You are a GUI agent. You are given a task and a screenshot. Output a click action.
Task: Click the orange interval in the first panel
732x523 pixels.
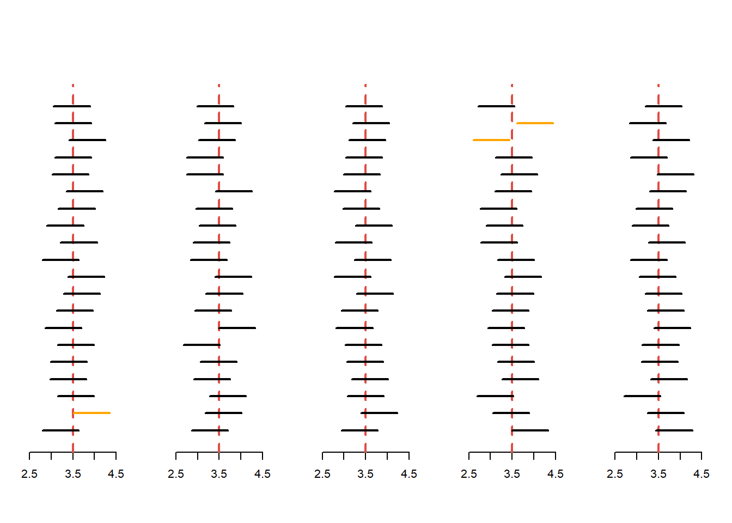coord(92,413)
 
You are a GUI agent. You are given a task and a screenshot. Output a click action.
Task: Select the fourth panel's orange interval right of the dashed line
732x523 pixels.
coord(535,123)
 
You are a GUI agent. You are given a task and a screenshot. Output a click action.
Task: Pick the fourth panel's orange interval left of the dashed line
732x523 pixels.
coord(491,140)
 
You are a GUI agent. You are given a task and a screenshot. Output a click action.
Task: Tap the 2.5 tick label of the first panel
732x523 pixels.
coord(29,475)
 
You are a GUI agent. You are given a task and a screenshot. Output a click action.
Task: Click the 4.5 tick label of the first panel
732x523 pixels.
coord(116,475)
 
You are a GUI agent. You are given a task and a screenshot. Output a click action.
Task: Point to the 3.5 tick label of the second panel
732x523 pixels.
coord(219,475)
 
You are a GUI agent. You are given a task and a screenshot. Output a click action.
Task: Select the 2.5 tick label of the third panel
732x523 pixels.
coord(322,475)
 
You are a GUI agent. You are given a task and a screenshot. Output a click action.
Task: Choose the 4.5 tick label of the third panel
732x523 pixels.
coord(409,475)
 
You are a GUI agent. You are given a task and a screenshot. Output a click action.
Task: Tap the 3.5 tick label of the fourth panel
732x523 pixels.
coord(512,475)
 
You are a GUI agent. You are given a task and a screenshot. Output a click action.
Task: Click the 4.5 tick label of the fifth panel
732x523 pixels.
coord(701,475)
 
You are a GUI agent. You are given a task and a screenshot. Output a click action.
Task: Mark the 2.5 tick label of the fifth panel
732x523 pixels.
coord(615,475)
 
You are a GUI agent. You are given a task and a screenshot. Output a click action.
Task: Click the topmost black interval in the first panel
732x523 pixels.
coord(72,106)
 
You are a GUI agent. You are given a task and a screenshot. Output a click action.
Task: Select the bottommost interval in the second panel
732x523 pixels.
coord(210,430)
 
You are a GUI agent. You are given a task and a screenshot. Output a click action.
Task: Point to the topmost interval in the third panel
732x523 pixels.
coord(364,106)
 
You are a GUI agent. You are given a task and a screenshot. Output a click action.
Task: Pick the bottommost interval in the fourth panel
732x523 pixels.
coord(530,430)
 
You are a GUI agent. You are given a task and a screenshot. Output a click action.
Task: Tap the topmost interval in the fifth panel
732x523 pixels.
coord(663,106)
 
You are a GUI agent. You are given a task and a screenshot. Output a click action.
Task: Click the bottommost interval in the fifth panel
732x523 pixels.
coord(674,430)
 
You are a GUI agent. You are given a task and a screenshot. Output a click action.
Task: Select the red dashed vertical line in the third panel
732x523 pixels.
coord(365,272)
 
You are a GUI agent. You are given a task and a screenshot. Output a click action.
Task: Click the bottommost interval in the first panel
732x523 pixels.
coord(60,430)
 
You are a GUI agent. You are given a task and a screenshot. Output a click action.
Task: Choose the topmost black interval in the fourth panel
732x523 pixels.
coord(496,106)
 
